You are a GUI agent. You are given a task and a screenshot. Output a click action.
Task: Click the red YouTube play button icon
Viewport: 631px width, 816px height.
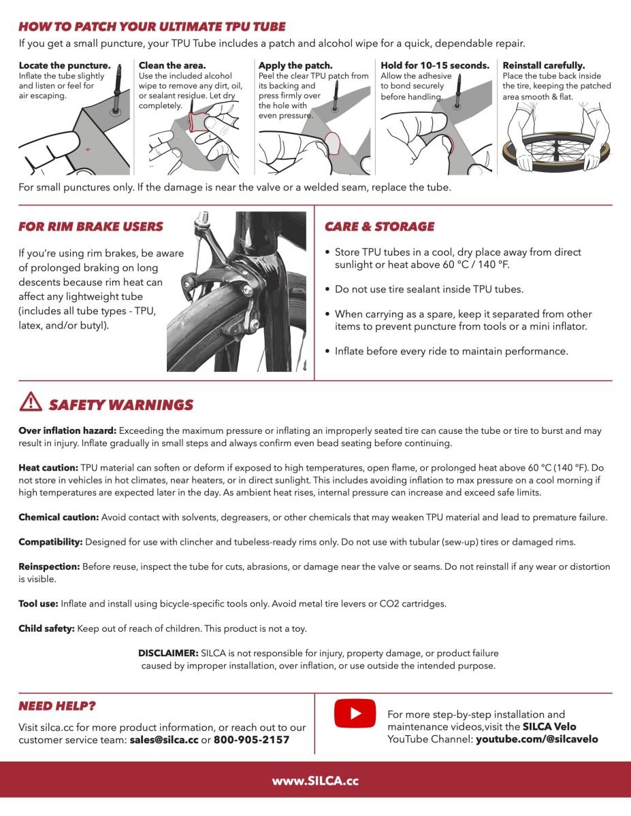click(x=355, y=713)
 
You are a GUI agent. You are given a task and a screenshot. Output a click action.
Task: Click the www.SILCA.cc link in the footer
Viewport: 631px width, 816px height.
click(x=315, y=781)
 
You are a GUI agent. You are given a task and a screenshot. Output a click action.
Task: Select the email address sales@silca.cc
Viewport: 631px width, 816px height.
click(x=163, y=740)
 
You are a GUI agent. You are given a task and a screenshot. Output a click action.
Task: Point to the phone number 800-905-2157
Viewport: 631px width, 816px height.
click(x=251, y=740)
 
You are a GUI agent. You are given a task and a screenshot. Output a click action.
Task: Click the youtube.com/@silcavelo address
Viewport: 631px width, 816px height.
click(x=536, y=738)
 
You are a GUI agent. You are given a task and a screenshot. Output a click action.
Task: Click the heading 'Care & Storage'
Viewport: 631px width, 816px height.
click(x=379, y=226)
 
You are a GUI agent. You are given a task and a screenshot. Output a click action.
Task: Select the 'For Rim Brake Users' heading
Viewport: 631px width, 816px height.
click(x=91, y=226)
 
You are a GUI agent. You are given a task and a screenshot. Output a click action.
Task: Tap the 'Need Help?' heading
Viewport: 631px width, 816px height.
click(x=57, y=707)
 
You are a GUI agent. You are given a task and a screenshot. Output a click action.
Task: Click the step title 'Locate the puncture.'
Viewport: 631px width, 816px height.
click(x=65, y=66)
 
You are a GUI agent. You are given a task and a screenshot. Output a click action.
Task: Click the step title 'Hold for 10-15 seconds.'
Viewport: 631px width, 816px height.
click(x=435, y=66)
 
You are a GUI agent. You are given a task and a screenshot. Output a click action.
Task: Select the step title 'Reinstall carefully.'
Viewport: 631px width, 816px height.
click(x=543, y=66)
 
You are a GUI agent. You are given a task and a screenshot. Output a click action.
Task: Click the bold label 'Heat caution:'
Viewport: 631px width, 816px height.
click(x=48, y=468)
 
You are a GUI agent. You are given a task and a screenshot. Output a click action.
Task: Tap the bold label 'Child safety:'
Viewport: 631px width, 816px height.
click(x=46, y=628)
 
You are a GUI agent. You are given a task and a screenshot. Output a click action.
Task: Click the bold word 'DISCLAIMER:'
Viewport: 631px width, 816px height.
click(x=168, y=653)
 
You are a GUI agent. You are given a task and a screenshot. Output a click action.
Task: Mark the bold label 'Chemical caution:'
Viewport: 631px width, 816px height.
click(x=59, y=517)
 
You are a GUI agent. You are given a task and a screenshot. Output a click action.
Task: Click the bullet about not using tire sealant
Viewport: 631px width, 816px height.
click(x=429, y=289)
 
